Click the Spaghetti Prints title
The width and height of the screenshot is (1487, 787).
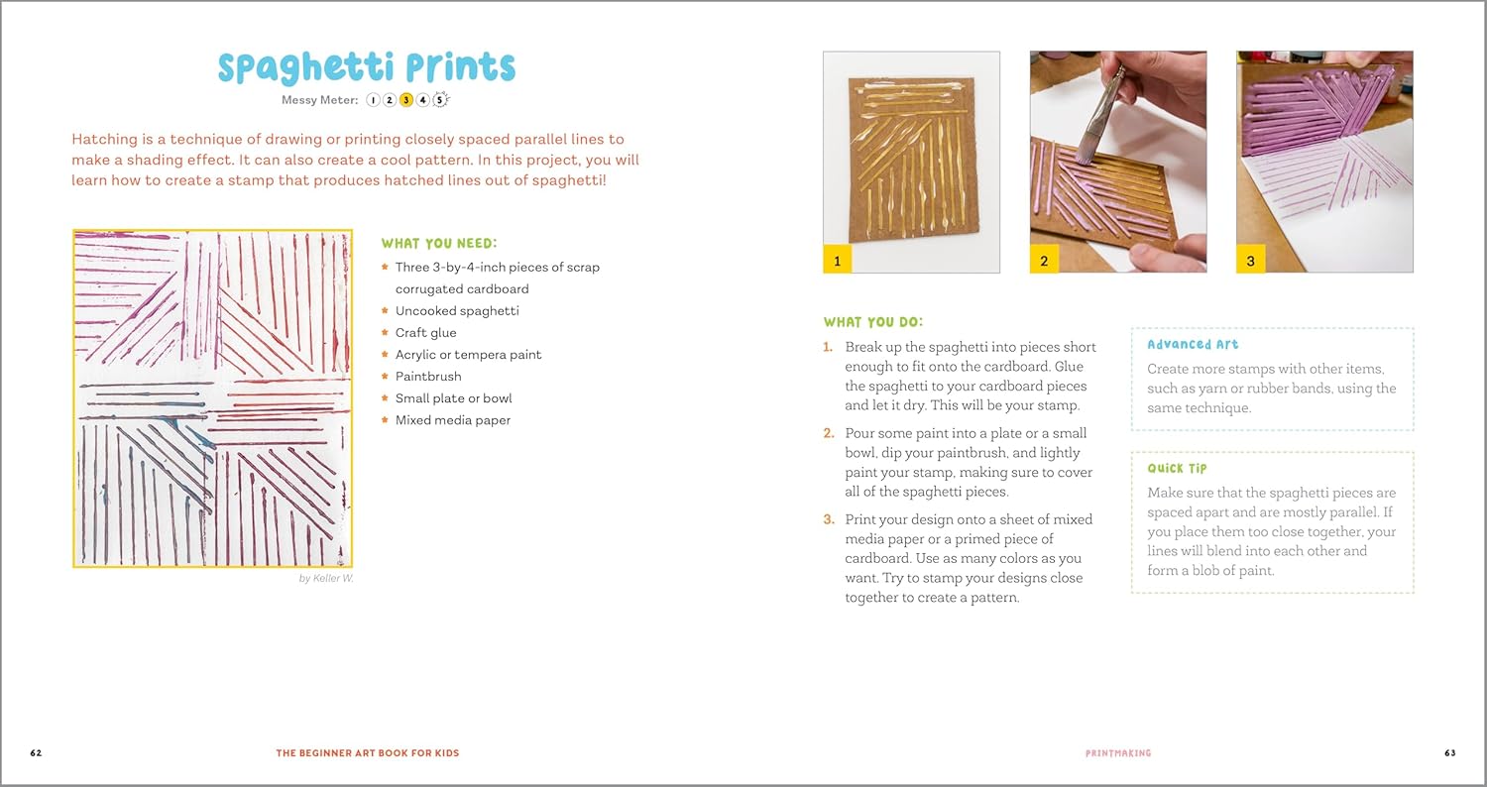[367, 67]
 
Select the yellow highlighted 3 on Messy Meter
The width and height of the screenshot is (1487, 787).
[405, 99]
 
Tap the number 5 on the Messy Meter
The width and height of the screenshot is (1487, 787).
[440, 99]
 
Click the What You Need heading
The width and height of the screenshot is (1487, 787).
[439, 244]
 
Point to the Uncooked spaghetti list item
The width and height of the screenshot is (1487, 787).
[457, 311]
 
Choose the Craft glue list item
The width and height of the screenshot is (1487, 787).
[425, 333]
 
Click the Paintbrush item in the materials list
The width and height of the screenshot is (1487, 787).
[428, 377]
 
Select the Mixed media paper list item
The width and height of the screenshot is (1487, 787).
[453, 420]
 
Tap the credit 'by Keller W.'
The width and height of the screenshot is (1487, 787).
[326, 578]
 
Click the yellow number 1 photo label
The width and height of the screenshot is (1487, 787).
[838, 261]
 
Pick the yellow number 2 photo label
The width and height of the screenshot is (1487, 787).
[1044, 261]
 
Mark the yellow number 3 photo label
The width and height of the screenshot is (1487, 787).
[1250, 261]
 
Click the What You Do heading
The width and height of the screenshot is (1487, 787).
[872, 322]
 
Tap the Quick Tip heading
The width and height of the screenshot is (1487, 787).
[1177, 468]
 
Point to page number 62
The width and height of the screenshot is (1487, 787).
[36, 753]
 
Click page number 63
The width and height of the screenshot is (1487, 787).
[1450, 753]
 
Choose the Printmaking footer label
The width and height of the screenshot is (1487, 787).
[1118, 753]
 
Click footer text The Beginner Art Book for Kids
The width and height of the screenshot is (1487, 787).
[368, 753]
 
